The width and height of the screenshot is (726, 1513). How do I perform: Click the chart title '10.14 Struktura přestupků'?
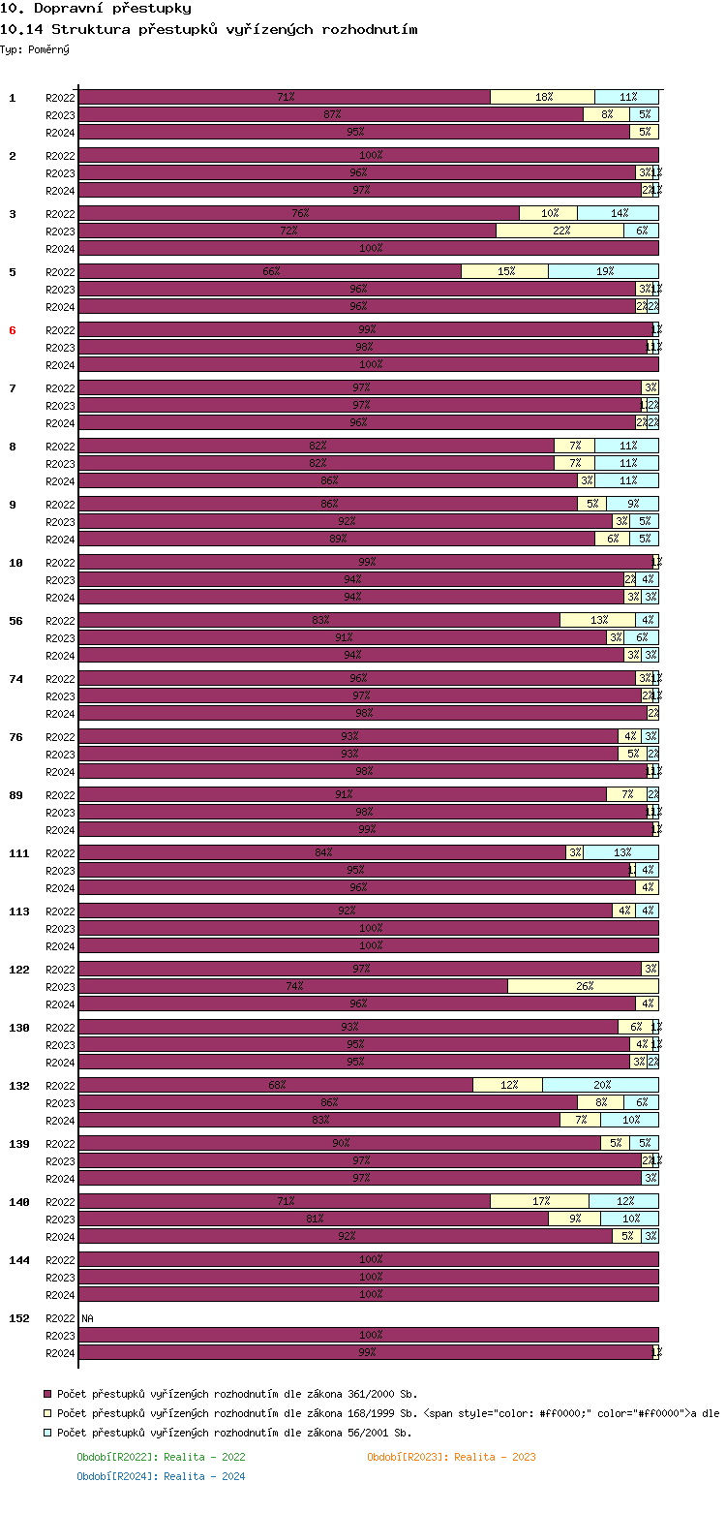tap(210, 29)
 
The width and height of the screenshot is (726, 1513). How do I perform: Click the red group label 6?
tap(13, 330)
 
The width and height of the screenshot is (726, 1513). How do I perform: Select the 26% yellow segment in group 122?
tap(583, 986)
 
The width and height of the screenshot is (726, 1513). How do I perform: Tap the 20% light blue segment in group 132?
tap(600, 1085)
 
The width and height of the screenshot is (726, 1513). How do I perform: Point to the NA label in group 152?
tap(87, 1318)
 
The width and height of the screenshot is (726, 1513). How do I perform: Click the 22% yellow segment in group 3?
tap(560, 231)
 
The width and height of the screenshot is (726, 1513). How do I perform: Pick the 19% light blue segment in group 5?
tap(603, 271)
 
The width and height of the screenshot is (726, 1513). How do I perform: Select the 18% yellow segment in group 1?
tap(542, 97)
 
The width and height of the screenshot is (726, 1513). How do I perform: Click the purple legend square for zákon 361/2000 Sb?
tap(46, 1394)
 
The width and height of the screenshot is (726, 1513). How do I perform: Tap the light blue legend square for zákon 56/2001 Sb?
tap(46, 1433)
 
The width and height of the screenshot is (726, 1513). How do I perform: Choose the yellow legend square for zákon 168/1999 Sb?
tap(46, 1413)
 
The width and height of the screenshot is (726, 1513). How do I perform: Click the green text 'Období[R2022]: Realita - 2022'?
tap(161, 1457)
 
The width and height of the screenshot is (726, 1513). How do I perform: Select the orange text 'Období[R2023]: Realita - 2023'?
tap(451, 1457)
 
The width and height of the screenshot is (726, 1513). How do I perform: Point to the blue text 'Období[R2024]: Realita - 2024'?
tap(161, 1476)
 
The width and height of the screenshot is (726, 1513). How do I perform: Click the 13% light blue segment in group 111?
tap(620, 852)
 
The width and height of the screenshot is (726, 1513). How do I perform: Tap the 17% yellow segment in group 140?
tap(539, 1201)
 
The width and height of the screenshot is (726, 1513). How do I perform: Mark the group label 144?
tap(19, 1260)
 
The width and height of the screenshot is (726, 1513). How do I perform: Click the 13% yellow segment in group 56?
tap(597, 620)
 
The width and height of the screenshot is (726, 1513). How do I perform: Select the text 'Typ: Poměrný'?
tap(35, 49)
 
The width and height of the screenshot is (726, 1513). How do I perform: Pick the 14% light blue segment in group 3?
tap(618, 213)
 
